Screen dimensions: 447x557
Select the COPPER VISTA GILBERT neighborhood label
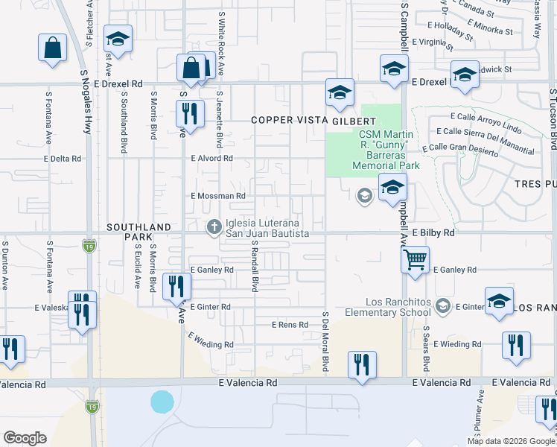(x=312, y=120)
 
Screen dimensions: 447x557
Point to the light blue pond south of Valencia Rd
(x=162, y=402)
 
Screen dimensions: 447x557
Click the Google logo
(x=25, y=438)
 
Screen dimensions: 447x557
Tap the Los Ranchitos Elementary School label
(x=398, y=308)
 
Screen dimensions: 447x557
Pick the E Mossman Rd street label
(x=217, y=196)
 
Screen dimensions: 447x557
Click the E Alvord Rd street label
(x=211, y=159)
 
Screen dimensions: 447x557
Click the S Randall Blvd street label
(x=254, y=265)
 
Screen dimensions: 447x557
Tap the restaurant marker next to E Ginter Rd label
(x=177, y=287)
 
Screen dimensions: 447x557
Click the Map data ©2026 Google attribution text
(x=512, y=441)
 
